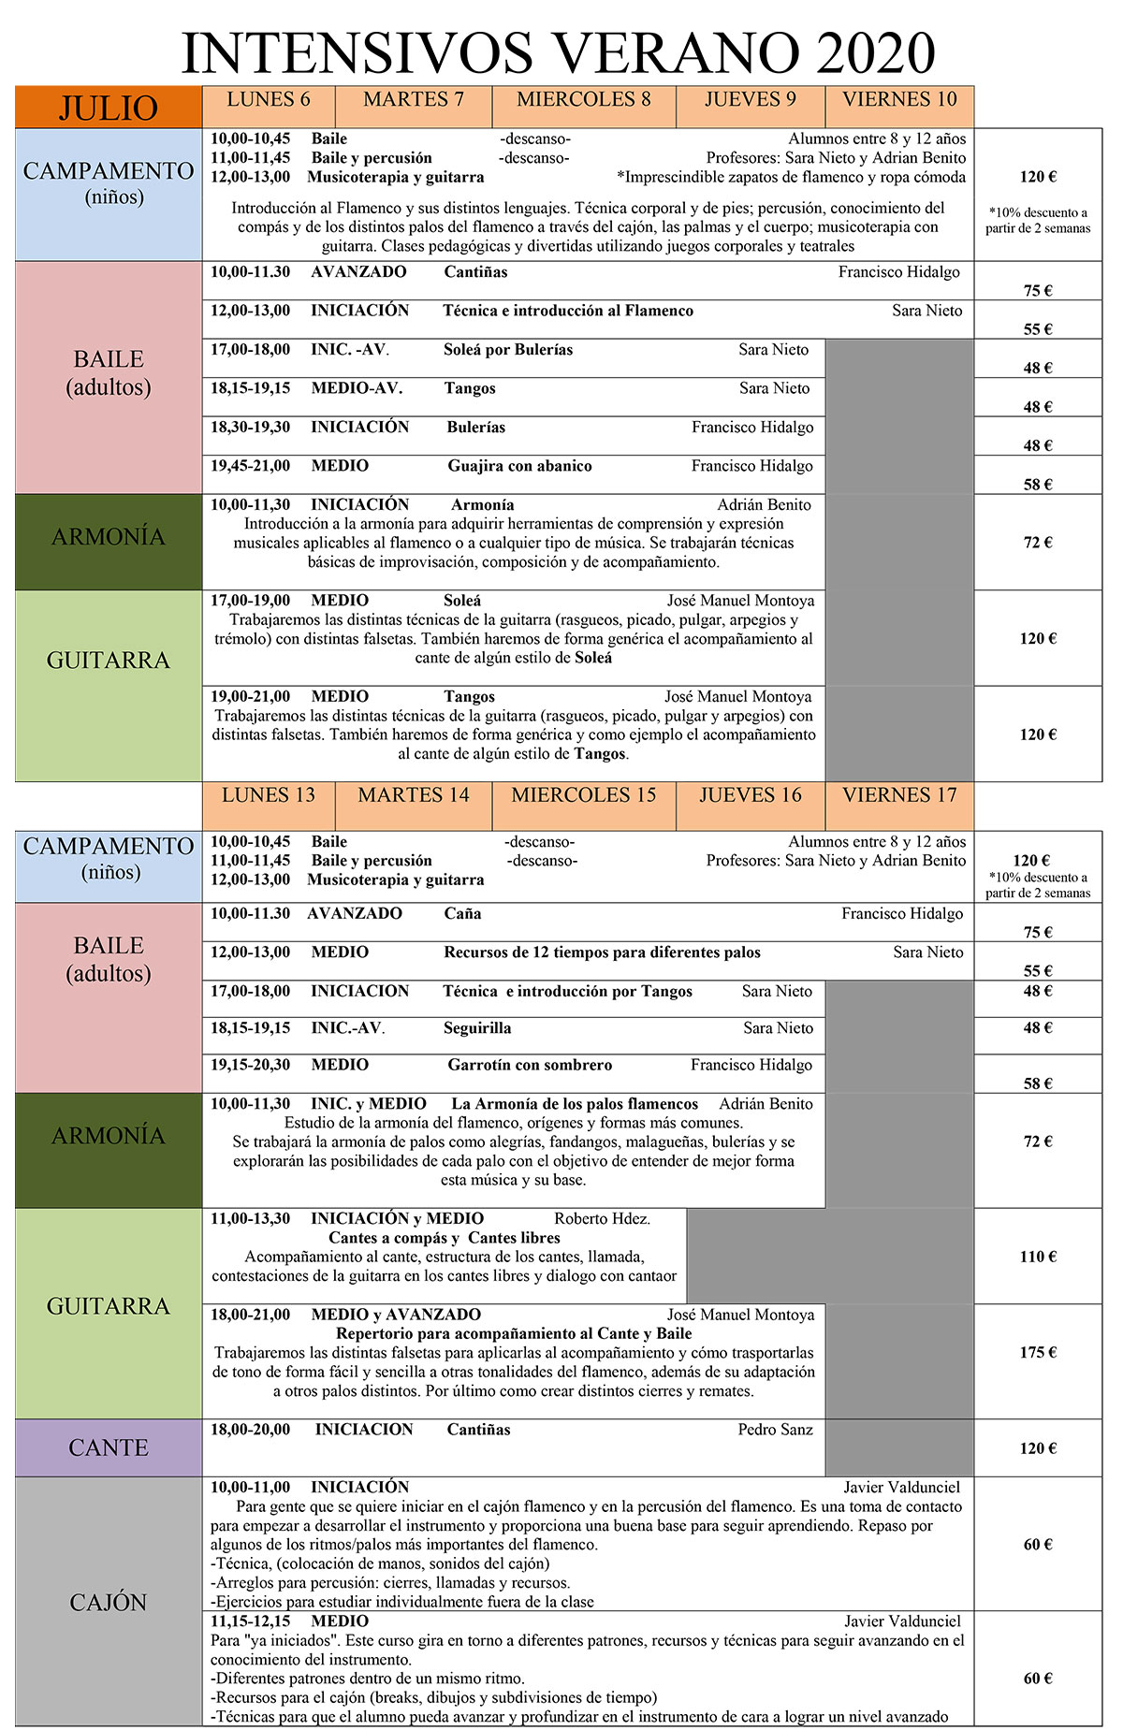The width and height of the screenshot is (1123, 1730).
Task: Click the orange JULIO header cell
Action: coord(109,108)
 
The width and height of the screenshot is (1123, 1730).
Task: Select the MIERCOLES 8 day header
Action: coord(583,100)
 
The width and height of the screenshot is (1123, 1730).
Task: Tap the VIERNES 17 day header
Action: coord(899,795)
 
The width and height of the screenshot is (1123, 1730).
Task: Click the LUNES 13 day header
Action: coord(269,795)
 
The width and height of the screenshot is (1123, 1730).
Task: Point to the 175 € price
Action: coord(1038,1352)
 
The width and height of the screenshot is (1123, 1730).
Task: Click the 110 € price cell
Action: coord(1038,1257)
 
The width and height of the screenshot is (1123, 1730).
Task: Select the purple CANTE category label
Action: coord(109,1447)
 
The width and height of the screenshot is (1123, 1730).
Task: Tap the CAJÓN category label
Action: coord(109,1602)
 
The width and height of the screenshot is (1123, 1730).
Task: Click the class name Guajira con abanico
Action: coord(519,466)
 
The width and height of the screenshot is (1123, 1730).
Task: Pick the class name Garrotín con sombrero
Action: coord(530,1065)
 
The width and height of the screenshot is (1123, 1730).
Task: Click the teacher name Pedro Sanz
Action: coord(775,1429)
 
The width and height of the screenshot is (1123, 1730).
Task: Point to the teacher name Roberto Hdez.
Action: coord(602,1218)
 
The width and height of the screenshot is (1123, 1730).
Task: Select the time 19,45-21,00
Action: coord(250,466)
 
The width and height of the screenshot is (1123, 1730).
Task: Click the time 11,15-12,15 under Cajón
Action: coord(250,1621)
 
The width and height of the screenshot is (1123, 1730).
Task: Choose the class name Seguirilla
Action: coord(477,1028)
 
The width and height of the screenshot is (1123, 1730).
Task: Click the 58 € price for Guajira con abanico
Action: coord(1038,484)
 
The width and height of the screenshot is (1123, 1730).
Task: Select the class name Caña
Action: coord(462,913)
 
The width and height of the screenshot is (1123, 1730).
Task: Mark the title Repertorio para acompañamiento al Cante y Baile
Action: coord(514,1333)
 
